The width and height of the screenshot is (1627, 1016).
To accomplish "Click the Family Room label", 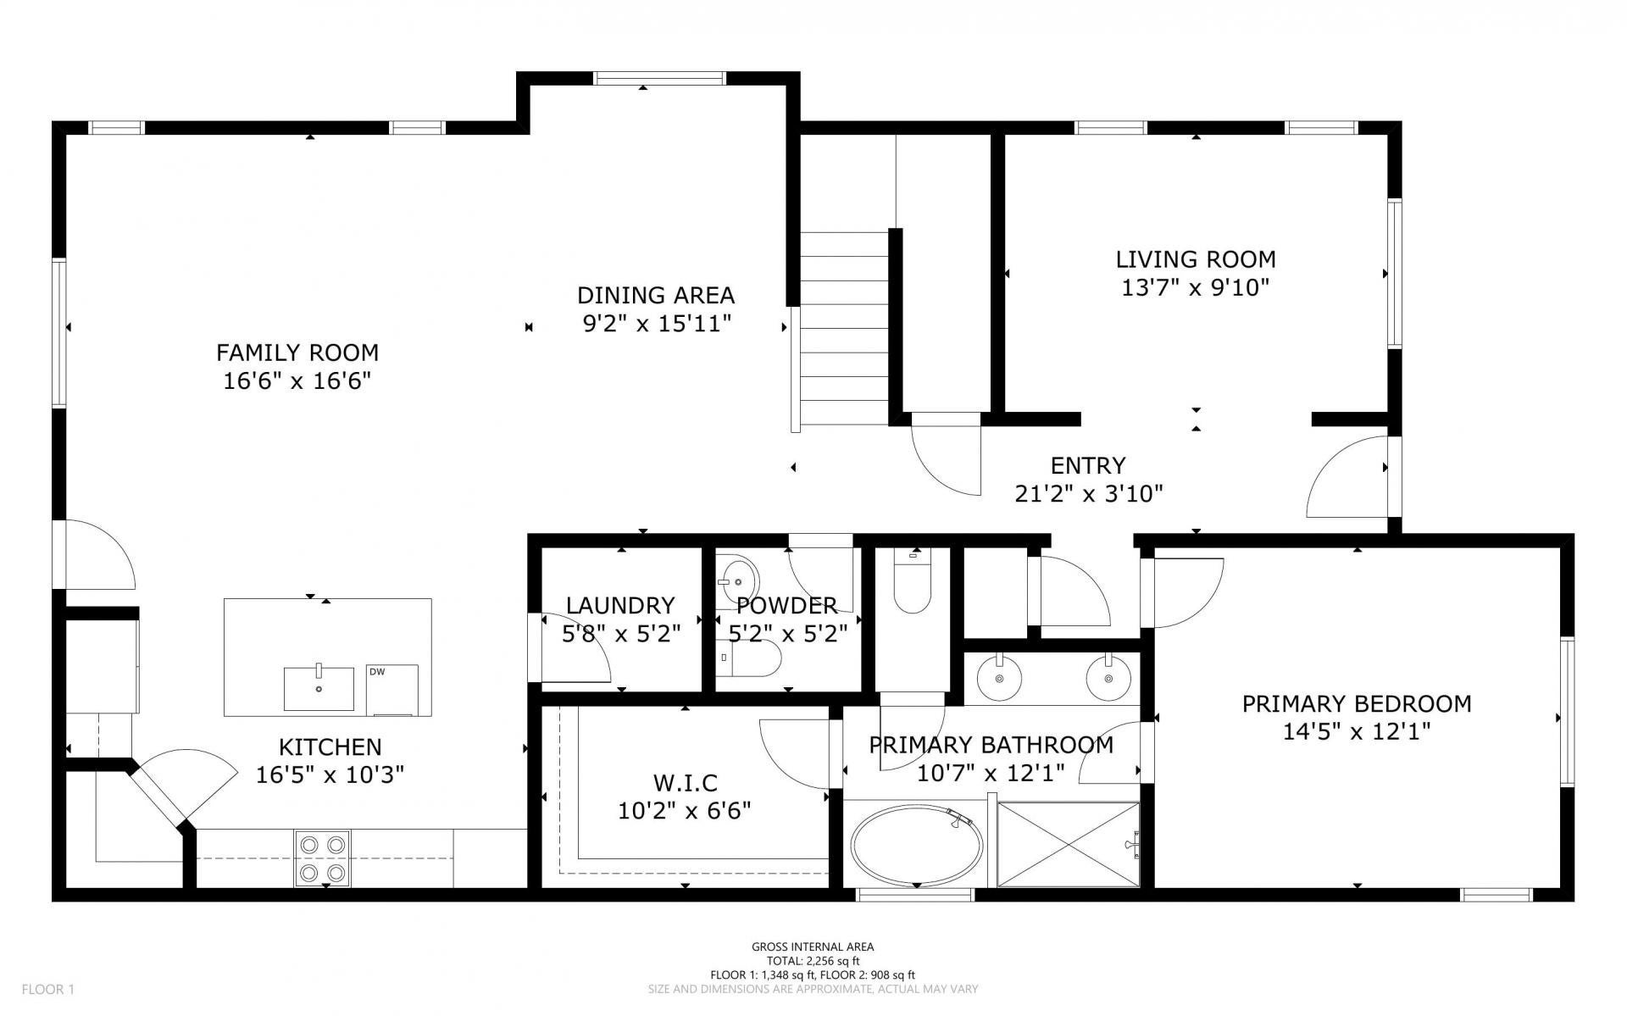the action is (x=297, y=353).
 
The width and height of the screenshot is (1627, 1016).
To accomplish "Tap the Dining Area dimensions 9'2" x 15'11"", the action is (x=657, y=324).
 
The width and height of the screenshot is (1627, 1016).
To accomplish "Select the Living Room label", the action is (x=1196, y=259).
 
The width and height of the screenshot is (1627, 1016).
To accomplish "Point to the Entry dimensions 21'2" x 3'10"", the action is (x=1089, y=493).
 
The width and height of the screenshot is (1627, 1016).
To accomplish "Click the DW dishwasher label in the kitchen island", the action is (x=377, y=672).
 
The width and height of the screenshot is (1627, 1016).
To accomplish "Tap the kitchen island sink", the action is (x=319, y=688).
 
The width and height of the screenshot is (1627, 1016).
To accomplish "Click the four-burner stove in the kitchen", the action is (x=322, y=858).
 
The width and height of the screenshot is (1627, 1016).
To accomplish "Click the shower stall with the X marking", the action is (x=1069, y=844).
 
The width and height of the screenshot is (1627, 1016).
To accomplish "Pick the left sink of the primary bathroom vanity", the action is (x=1000, y=678).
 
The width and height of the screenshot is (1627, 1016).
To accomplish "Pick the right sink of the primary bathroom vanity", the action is (x=1108, y=678).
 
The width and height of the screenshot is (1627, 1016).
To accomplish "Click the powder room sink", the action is (x=736, y=581).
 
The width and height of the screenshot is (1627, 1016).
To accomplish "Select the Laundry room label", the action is (x=621, y=606).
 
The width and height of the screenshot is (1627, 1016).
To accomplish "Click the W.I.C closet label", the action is (x=686, y=783).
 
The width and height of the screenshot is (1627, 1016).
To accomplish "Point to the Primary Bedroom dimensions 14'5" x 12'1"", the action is (x=1357, y=731).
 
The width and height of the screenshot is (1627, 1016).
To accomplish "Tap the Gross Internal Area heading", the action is (x=813, y=947).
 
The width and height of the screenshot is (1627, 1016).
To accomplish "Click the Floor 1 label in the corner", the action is (x=48, y=989).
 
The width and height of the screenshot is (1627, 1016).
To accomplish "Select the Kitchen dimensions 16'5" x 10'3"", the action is (x=330, y=774).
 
